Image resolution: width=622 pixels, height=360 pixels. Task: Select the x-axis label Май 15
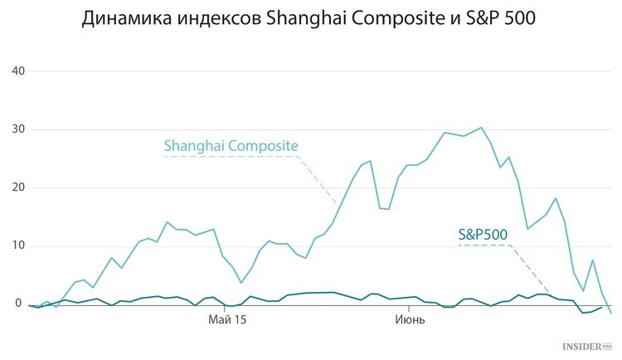tap(227, 319)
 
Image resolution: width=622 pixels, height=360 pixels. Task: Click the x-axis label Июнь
tap(410, 319)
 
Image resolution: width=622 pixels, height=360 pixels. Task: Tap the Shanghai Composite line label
tap(231, 146)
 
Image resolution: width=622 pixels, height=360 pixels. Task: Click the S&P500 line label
tap(483, 234)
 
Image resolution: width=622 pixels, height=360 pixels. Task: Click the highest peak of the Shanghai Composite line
tap(481, 128)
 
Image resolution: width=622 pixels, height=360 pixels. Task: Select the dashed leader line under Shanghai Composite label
tap(249, 157)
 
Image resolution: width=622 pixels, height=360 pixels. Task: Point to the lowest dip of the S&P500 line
tap(583, 313)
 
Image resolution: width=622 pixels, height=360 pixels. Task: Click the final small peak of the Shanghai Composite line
tap(593, 260)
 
